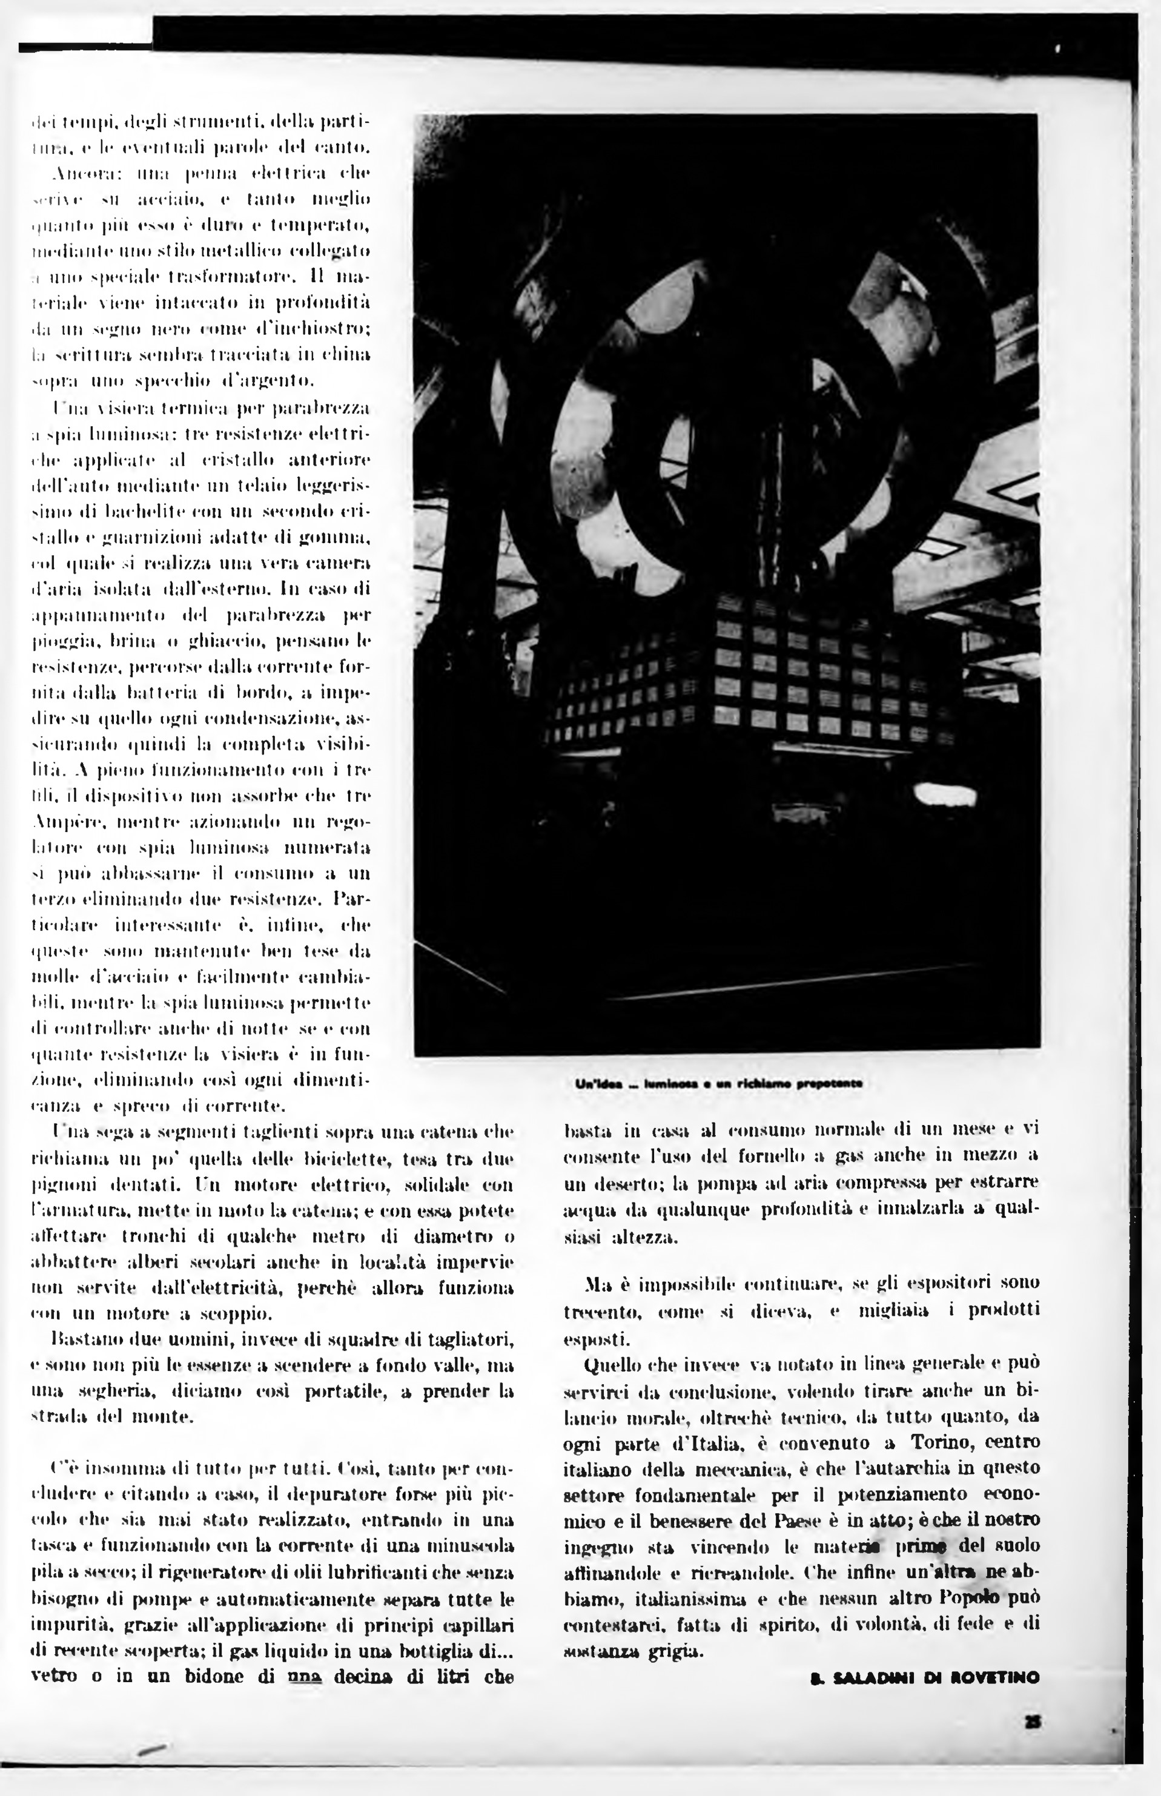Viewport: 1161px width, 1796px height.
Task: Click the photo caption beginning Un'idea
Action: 718,1084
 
